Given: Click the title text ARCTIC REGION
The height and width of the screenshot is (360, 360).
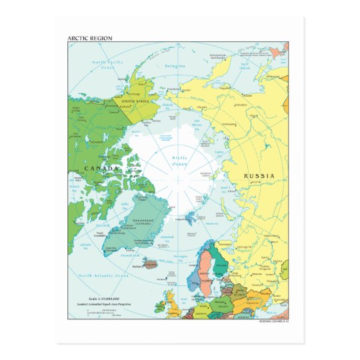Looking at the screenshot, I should [x=90, y=38].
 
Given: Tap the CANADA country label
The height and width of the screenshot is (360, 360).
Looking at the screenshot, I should [x=101, y=169].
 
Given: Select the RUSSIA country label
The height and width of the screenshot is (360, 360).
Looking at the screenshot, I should [x=258, y=176].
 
